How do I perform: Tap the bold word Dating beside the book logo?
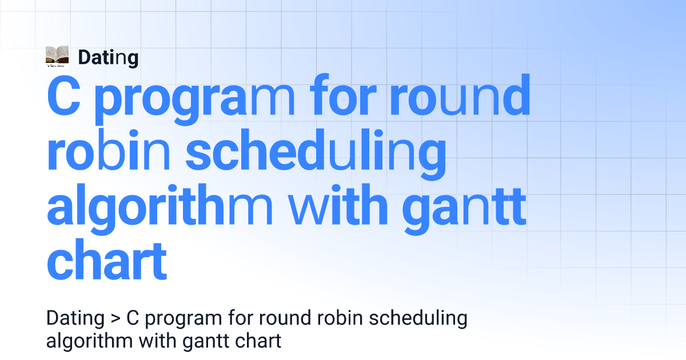[x=108, y=58]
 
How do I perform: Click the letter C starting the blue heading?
[x=63, y=95]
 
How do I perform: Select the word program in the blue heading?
[x=194, y=99]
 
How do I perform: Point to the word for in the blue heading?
[x=344, y=95]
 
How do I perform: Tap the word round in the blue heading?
[x=460, y=95]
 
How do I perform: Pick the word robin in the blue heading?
[x=108, y=150]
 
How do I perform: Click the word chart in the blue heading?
[x=106, y=259]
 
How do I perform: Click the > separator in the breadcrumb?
[x=115, y=319]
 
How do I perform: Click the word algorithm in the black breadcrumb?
[x=89, y=342]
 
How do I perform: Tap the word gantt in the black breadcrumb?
[x=206, y=342]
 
